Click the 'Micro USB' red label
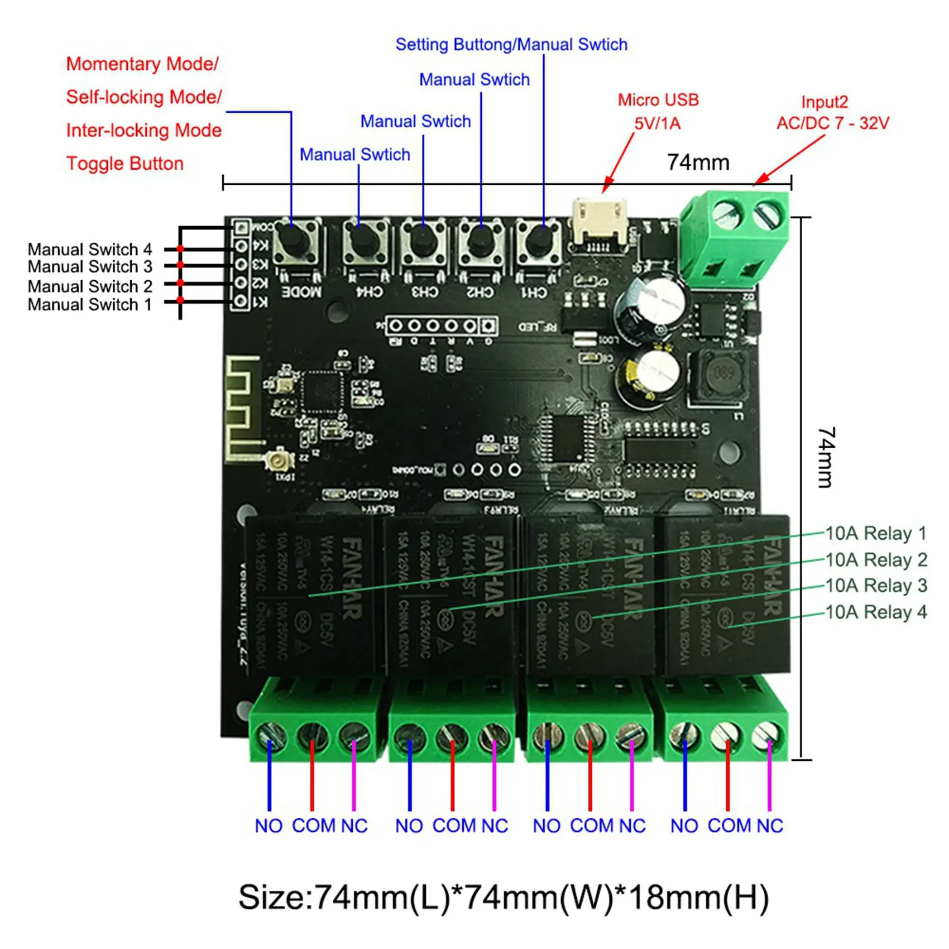[658, 100]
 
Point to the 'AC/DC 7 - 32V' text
[832, 123]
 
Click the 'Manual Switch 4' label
[90, 249]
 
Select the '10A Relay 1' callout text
[875, 534]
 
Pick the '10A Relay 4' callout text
[875, 612]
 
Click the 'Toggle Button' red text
[125, 164]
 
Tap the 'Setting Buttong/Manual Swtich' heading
[511, 45]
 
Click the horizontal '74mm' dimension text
[698, 162]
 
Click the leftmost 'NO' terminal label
[269, 826]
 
